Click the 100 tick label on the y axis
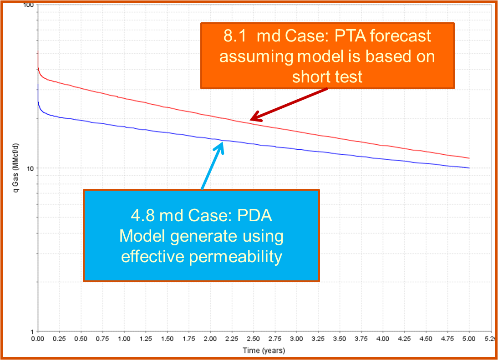30,5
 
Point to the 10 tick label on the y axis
31,168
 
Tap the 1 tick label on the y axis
33,331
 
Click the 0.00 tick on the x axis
38,339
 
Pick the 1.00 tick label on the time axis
124,339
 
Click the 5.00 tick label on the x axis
469,339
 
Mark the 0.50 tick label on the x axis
81,339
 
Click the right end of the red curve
469,158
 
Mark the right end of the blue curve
469,168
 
